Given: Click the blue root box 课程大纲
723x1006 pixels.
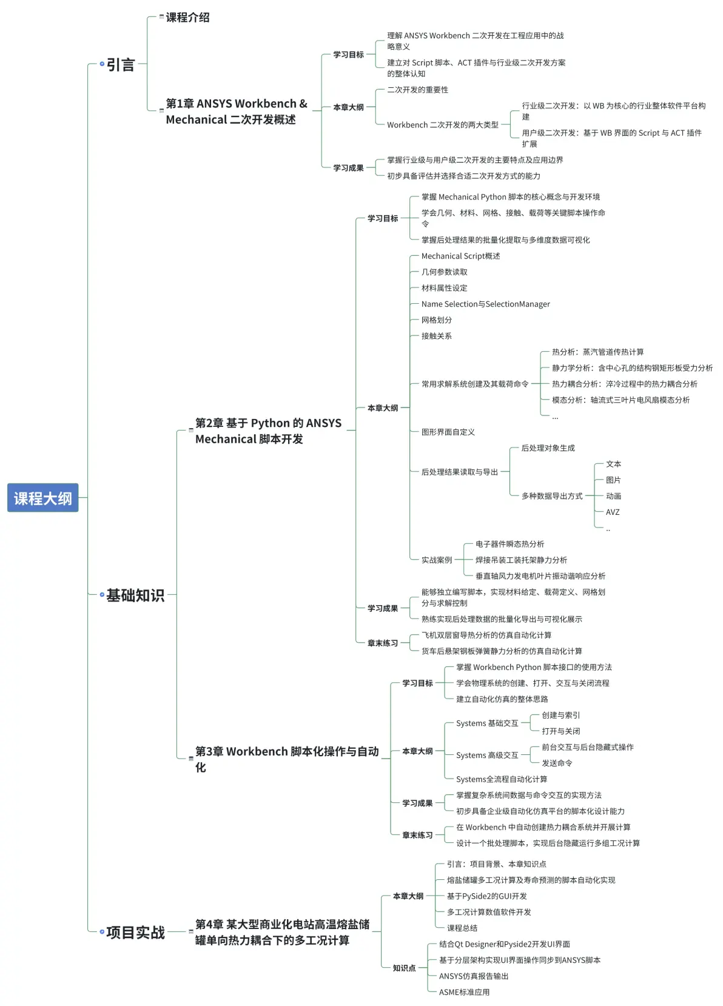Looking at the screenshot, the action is [42, 498].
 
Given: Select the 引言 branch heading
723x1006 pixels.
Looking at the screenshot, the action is [121, 64].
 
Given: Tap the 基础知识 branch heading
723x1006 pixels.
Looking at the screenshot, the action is [135, 595].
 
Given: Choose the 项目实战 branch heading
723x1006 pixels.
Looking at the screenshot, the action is [135, 933].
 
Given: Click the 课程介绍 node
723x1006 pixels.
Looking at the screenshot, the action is [187, 17].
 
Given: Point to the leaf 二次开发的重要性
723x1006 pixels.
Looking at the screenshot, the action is [417, 90].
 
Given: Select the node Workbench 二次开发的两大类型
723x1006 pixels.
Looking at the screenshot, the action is [443, 125].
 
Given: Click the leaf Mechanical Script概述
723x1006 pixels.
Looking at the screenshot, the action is [460, 256].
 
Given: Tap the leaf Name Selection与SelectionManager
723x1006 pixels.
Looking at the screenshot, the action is [485, 304].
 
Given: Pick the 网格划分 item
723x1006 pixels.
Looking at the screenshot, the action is [436, 320].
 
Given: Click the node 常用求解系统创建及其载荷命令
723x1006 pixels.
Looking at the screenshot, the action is [474, 384].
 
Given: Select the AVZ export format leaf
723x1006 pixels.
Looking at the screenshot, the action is [613, 512].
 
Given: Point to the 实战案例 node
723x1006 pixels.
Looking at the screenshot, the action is [436, 560].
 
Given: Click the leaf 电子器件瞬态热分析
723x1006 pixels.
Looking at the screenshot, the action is [509, 544].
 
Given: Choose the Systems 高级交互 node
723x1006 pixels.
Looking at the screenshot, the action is [487, 756].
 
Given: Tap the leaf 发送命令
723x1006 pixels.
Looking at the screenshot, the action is [557, 763].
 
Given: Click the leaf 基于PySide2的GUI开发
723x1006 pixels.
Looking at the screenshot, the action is [486, 896].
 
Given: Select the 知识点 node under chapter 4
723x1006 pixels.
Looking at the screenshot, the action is [404, 968].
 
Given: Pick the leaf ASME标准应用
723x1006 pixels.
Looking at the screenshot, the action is [464, 992].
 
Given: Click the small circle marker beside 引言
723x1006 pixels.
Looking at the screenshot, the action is [102, 64].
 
